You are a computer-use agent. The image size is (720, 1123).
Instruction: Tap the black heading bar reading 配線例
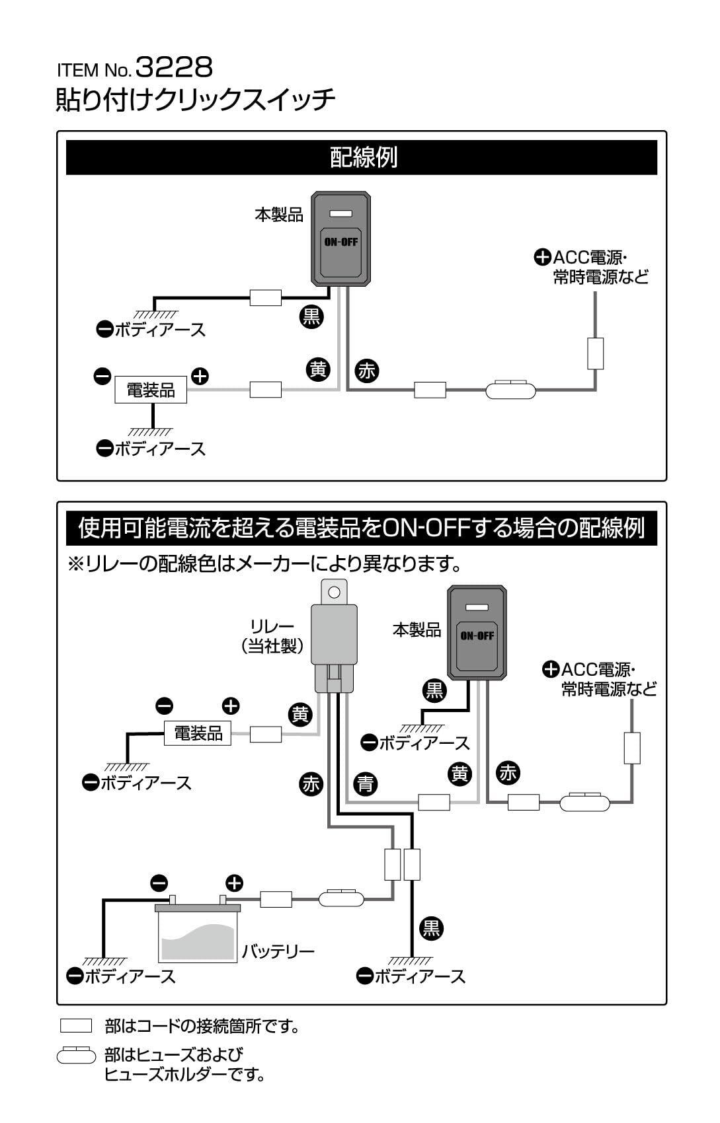coord(362,158)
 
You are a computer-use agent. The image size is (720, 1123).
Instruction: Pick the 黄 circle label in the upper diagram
coord(318,369)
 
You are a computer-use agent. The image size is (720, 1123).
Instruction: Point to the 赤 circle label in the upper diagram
coord(366,371)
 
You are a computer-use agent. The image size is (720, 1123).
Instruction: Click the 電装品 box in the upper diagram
coord(151,390)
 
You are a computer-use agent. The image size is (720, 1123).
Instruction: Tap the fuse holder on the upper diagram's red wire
coord(510,390)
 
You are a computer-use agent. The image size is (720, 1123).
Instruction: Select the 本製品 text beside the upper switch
coord(279,215)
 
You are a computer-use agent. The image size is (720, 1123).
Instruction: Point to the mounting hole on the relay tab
coord(335,592)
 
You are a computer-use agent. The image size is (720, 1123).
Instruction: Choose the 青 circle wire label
coord(365,784)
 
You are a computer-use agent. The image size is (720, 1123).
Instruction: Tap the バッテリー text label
coord(278,951)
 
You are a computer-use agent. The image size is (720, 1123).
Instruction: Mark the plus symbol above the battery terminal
coord(235,883)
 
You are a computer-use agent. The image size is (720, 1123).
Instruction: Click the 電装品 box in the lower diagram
coord(198,733)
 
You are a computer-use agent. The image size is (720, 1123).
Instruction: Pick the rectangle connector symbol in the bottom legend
coord(76,1026)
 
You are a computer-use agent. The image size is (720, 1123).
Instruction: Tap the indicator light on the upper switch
coord(340,214)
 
